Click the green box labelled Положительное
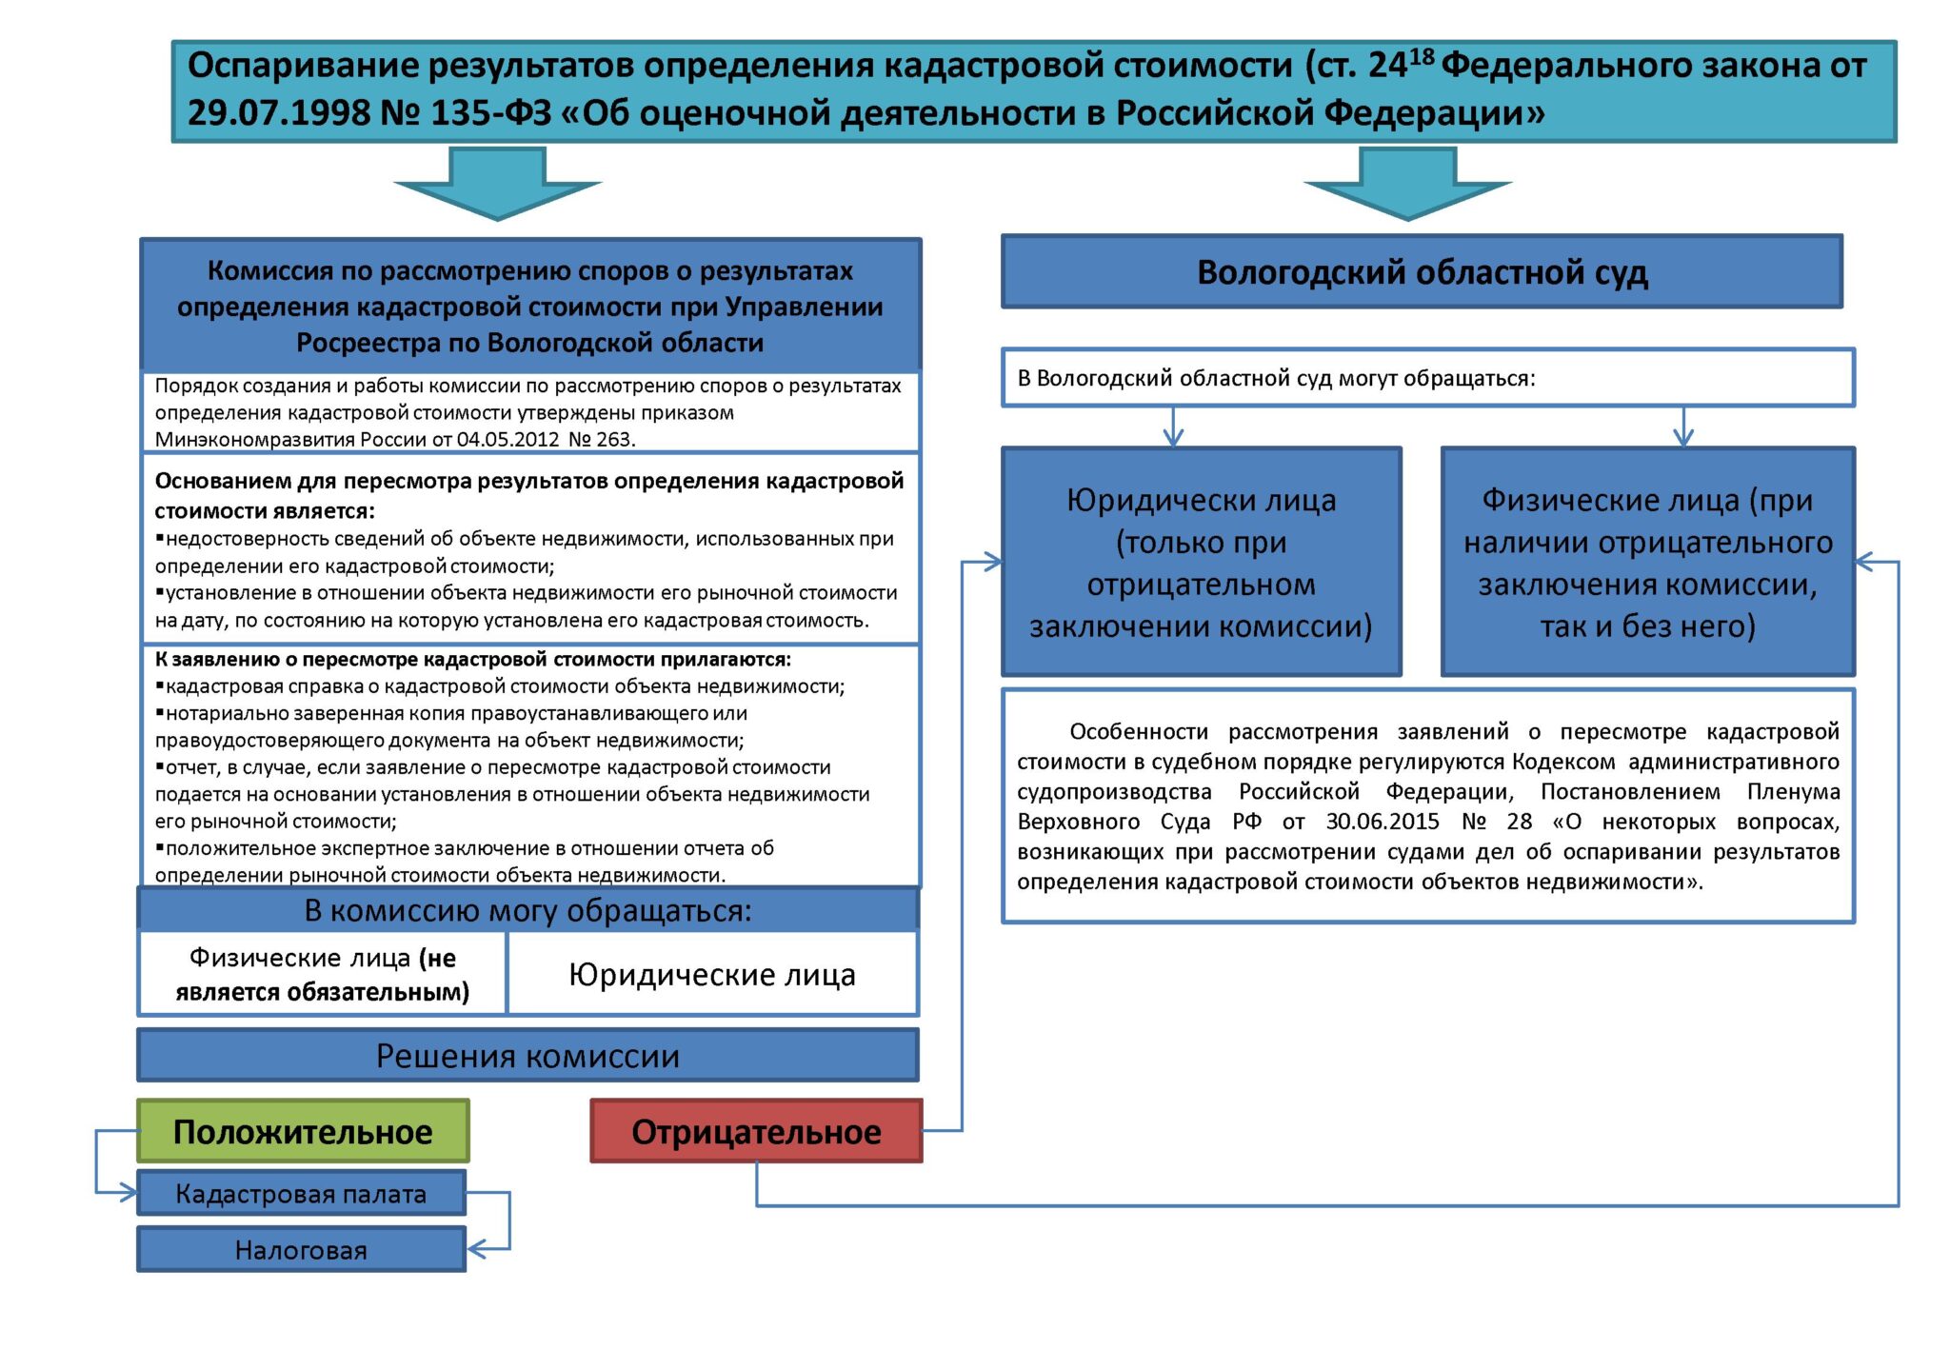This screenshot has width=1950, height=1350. point(303,1131)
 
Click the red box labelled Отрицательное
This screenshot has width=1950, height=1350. point(756,1131)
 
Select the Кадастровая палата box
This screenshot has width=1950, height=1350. point(301,1193)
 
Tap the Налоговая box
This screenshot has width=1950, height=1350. point(301,1249)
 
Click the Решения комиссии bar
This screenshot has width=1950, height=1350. point(527,1055)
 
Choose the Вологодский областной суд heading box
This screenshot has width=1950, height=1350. point(1422,272)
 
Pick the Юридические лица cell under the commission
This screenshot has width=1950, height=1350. point(712,974)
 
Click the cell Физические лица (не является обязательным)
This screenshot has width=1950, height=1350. point(323,974)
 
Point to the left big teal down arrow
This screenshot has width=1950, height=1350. point(497,186)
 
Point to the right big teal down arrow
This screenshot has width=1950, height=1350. point(1407,186)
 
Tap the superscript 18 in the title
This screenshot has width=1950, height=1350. point(1422,57)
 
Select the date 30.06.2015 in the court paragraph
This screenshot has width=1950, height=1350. point(1382,822)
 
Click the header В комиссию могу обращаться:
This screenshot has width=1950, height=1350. point(527,910)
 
